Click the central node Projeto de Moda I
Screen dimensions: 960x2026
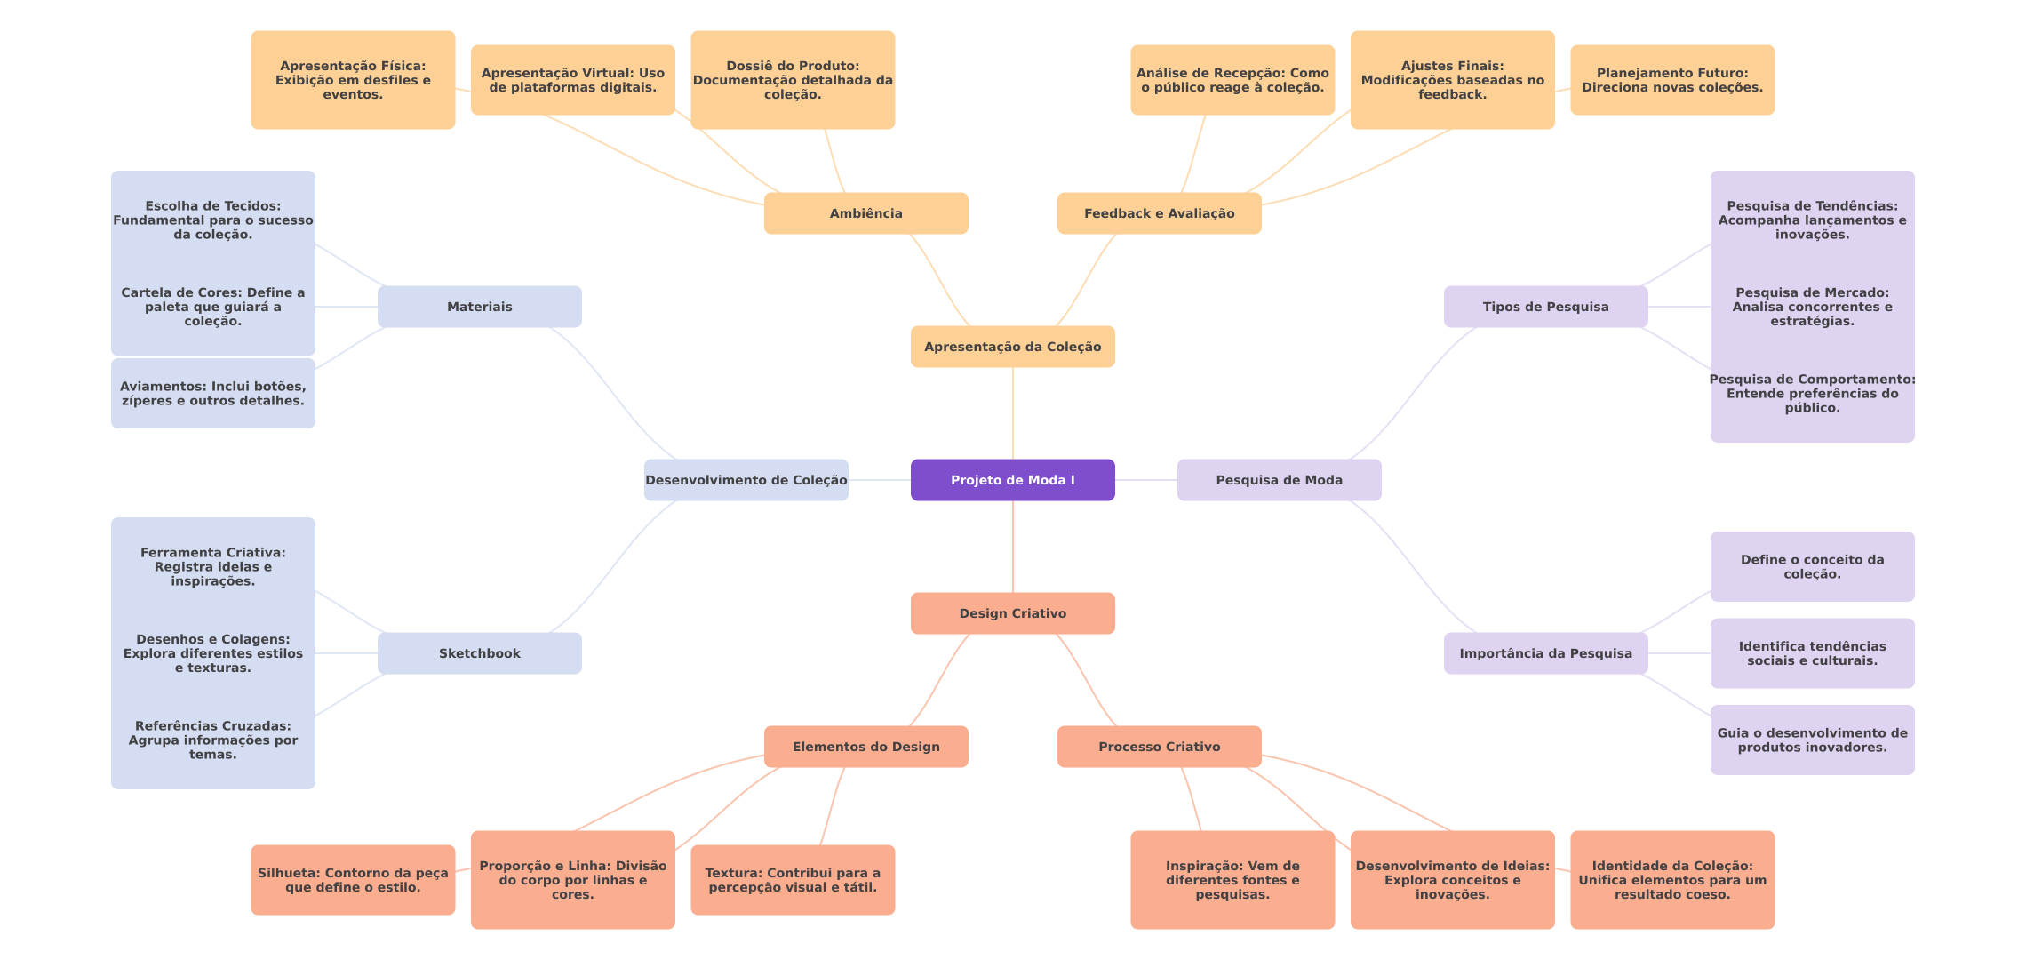tap(1012, 480)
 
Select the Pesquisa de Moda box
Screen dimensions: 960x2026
tap(1279, 480)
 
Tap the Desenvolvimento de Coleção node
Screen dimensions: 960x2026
tap(746, 480)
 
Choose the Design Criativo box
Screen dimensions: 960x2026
tap(1012, 613)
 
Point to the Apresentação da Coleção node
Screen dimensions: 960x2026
tap(1012, 347)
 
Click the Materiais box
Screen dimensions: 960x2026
tap(479, 307)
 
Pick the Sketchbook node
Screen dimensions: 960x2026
tap(479, 653)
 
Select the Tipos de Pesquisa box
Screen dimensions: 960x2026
tap(1545, 307)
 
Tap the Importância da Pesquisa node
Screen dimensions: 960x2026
tap(1545, 653)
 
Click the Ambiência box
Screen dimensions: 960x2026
tap(865, 213)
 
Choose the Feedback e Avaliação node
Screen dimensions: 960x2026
tap(1159, 213)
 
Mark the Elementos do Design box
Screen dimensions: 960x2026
tap(865, 747)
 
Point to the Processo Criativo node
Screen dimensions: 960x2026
tap(1159, 747)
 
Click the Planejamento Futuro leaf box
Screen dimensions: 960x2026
tap(1671, 80)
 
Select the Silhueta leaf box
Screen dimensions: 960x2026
tap(353, 880)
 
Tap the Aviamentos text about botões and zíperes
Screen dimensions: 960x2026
tap(212, 394)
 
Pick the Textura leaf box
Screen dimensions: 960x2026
tap(793, 880)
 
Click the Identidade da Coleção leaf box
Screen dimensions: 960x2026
tap(1671, 880)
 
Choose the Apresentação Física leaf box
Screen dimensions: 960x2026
tap(353, 80)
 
